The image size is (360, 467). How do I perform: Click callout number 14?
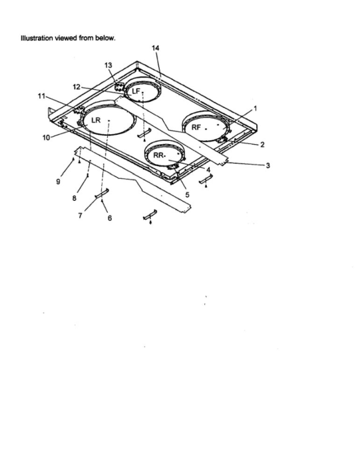156,48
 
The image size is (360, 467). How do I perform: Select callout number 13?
108,65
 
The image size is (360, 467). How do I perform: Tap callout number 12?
76,87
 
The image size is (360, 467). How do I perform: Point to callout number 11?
41,96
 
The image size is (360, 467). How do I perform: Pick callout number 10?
46,138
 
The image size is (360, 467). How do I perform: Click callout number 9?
58,181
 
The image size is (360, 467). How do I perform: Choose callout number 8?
74,198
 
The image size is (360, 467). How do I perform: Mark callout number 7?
80,215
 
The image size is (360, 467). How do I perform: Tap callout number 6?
110,219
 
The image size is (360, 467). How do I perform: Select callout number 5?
187,195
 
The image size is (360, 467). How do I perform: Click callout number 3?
268,165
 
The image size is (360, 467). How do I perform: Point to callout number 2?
262,145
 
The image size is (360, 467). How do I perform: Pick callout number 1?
255,109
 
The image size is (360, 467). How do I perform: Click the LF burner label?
136,91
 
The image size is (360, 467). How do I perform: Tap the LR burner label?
96,120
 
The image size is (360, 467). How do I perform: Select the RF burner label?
196,128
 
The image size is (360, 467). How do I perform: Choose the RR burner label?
159,155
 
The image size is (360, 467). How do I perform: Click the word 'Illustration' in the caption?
37,38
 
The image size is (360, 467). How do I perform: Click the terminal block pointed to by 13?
120,87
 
